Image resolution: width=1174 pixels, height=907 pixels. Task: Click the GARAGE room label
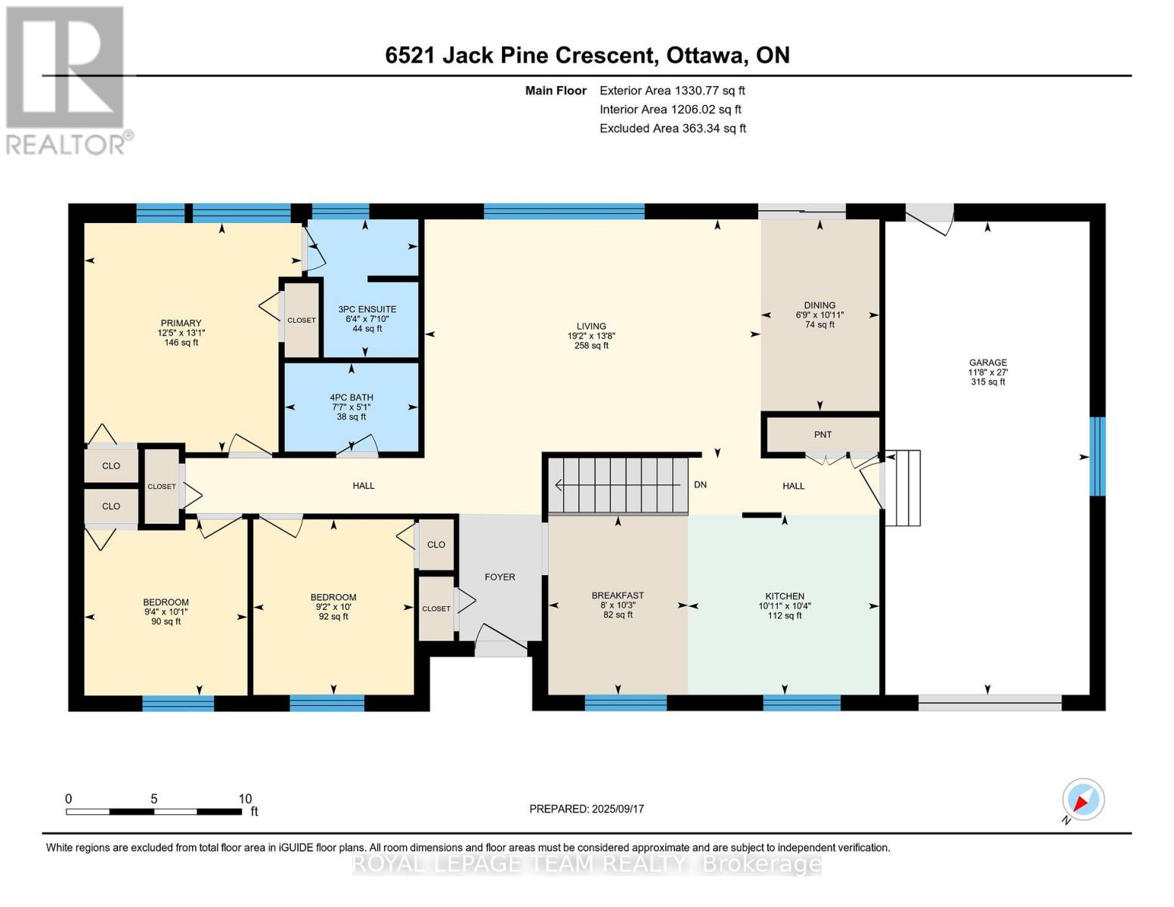(x=987, y=362)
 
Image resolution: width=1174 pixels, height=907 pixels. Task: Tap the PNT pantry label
(x=822, y=435)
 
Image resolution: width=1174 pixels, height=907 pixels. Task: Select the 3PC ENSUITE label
(x=367, y=309)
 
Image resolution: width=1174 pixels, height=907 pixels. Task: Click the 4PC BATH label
(x=352, y=398)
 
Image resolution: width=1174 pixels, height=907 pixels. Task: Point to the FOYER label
(x=500, y=577)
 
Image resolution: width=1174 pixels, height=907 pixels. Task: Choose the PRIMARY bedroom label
(x=181, y=323)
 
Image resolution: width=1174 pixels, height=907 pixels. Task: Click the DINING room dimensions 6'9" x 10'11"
(x=819, y=315)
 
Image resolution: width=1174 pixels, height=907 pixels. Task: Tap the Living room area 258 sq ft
(x=591, y=346)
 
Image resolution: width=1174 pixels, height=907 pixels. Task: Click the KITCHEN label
(x=785, y=596)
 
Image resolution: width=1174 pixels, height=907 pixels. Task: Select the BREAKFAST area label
(x=618, y=596)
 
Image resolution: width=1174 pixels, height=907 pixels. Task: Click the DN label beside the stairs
(x=700, y=484)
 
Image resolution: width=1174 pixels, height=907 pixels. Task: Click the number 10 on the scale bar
(x=245, y=799)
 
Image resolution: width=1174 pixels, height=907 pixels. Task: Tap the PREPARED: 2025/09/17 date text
(x=587, y=809)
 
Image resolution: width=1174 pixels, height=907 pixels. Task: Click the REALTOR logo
(x=67, y=79)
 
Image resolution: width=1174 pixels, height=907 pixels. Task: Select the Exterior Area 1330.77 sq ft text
(x=672, y=91)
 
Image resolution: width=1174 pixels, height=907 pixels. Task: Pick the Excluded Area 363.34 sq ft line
(x=673, y=128)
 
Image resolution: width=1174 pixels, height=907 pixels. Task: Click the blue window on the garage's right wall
(x=1097, y=457)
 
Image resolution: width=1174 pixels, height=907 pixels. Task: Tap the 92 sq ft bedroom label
(x=333, y=617)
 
